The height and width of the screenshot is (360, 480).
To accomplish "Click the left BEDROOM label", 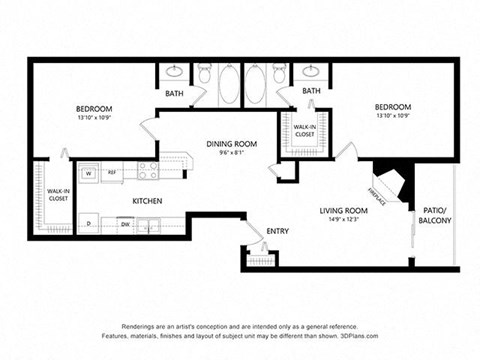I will pos(94,108).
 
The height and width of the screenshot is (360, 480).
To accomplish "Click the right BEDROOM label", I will pos(392,107).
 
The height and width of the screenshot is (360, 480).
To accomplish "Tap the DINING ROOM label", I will pos(232,144).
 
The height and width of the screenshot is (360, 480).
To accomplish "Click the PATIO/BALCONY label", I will pos(436,215).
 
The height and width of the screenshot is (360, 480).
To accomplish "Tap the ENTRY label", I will pos(277,231).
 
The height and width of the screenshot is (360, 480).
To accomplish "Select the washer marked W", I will pos(88,173).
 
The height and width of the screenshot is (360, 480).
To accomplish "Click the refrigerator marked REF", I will pos(112,173).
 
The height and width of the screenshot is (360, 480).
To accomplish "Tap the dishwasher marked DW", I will pos(125,225).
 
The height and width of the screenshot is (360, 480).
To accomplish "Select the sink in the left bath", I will pos(173,72).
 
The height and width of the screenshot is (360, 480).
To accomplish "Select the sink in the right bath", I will pos(310,72).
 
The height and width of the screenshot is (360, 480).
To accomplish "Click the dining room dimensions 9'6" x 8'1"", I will pos(232,154).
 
